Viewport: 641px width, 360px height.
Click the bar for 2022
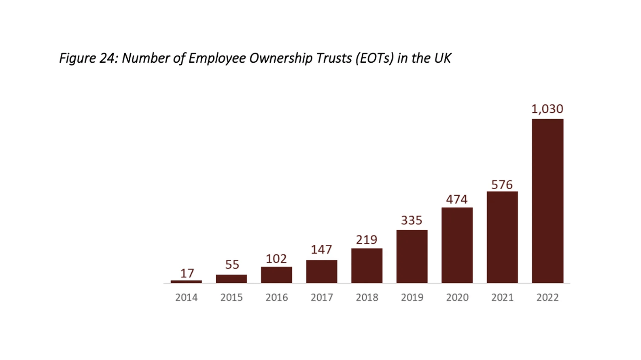(547, 201)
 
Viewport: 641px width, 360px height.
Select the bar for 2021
(502, 237)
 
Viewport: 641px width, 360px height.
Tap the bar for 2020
(457, 245)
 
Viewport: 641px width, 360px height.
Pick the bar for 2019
(412, 256)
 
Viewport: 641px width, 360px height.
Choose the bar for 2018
(367, 266)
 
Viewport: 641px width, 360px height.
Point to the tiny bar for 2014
(186, 282)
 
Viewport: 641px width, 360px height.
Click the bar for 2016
(276, 275)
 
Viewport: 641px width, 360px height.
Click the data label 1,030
(547, 109)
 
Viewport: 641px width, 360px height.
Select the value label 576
(502, 185)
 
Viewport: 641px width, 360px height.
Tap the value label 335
(412, 220)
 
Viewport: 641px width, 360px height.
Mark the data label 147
(321, 250)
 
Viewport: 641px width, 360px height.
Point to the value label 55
(232, 265)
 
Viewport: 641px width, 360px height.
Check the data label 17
(187, 273)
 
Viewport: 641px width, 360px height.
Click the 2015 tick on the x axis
(231, 297)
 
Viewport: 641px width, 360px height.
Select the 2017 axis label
(322, 297)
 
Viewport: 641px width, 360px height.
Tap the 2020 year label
(457, 297)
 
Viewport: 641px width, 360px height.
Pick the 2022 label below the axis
(548, 297)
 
